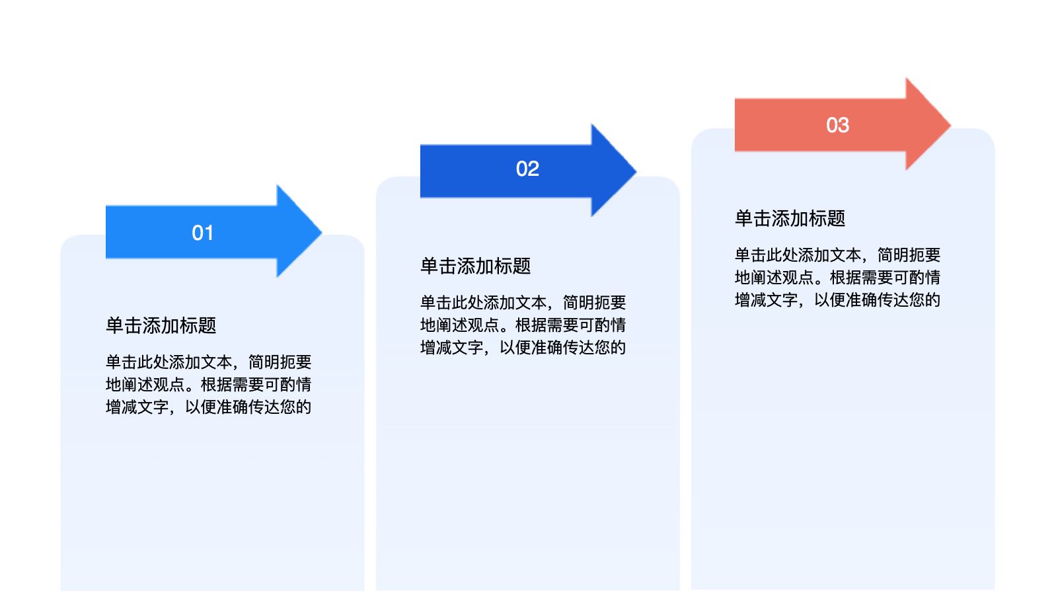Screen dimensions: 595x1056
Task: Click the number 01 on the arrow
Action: [x=202, y=233]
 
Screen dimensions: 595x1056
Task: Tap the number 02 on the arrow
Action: [x=527, y=169]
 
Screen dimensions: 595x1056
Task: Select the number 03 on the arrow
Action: [x=837, y=125]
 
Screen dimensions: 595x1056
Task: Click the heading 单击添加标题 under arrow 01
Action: [x=161, y=325]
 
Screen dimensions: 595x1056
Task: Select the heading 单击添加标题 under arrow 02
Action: [x=475, y=266]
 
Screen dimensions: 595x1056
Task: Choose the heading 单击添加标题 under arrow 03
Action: [x=790, y=218]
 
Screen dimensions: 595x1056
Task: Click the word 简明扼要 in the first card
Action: [x=280, y=362]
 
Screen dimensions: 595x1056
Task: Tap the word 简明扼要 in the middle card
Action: [x=594, y=303]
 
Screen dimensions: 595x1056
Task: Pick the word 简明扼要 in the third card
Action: [x=909, y=255]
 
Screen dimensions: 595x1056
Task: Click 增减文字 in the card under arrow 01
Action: [x=137, y=407]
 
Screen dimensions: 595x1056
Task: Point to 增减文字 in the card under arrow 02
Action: [x=451, y=348]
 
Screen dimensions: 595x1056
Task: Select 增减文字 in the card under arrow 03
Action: [x=766, y=300]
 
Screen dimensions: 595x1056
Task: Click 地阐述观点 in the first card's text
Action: [x=145, y=385]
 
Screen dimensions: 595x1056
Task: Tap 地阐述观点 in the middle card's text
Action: [x=459, y=325]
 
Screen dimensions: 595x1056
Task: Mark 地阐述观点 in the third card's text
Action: [x=774, y=278]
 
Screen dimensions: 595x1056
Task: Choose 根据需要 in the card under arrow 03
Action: [x=861, y=278]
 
